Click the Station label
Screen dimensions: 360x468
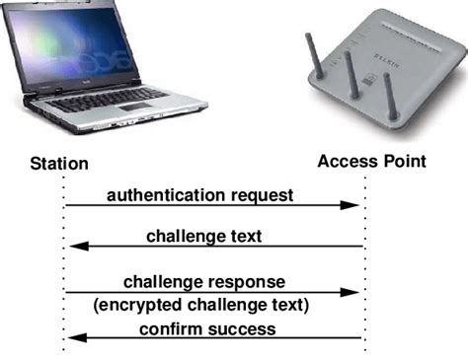tap(59, 163)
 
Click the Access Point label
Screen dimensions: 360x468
tap(371, 161)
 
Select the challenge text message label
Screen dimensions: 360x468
tap(217, 237)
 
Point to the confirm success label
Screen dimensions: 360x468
tap(207, 328)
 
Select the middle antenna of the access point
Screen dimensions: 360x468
tap(351, 74)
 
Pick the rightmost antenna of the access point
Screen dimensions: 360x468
tap(390, 94)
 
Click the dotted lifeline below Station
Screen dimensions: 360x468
tap(64, 266)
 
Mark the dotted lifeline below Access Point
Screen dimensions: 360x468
tap(364, 266)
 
